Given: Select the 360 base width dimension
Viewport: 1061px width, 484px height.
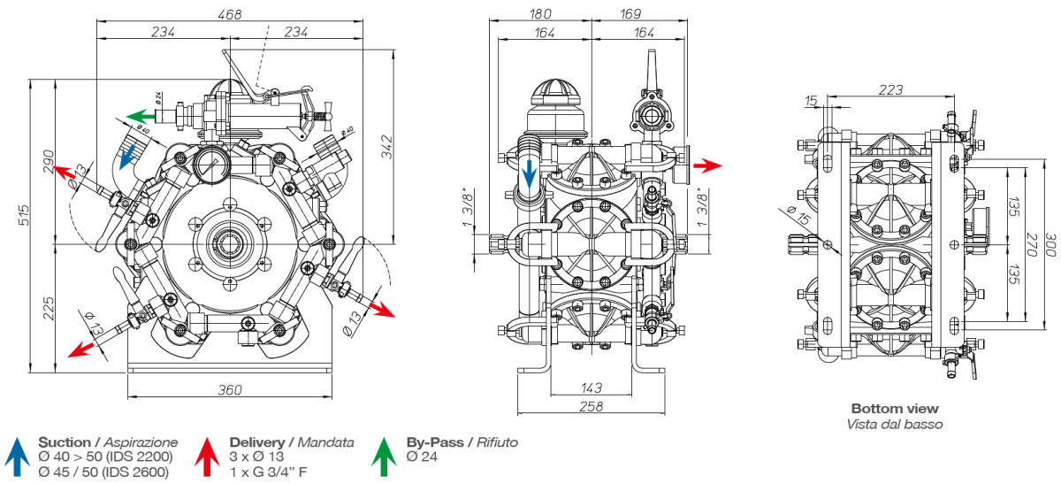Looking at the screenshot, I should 230,390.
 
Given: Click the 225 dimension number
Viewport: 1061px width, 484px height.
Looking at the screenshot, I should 50,308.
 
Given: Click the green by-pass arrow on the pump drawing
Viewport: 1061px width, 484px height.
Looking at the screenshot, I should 138,115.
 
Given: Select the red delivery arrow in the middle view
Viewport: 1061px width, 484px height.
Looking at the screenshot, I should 707,165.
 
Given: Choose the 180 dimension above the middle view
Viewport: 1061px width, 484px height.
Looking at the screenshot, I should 540,13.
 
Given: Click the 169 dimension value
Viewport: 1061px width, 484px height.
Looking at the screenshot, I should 630,13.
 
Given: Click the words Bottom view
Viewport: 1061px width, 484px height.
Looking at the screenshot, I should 895,409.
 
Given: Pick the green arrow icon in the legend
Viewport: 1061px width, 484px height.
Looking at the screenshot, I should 384,454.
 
